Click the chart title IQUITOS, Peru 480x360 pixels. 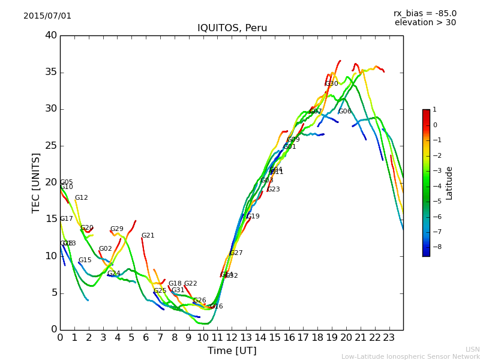point(232,28)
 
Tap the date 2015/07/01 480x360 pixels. point(47,16)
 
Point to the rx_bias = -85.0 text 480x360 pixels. point(425,13)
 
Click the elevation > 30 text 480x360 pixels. point(425,23)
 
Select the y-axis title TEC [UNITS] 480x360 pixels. point(36,182)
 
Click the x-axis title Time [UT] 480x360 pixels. point(232,351)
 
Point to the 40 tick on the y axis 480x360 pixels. point(50,35)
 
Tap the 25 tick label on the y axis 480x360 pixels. point(50,146)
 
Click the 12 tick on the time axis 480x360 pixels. point(232,337)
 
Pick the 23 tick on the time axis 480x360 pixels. point(389,337)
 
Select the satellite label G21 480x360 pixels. point(148,236)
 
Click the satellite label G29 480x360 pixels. point(117,229)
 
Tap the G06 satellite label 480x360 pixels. point(345,112)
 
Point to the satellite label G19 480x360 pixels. point(253,217)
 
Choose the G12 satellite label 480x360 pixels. point(82,198)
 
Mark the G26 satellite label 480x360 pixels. point(200,301)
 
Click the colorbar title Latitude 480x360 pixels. point(449,183)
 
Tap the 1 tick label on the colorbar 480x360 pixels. point(434,110)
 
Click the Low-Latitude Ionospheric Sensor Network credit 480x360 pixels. point(410,356)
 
